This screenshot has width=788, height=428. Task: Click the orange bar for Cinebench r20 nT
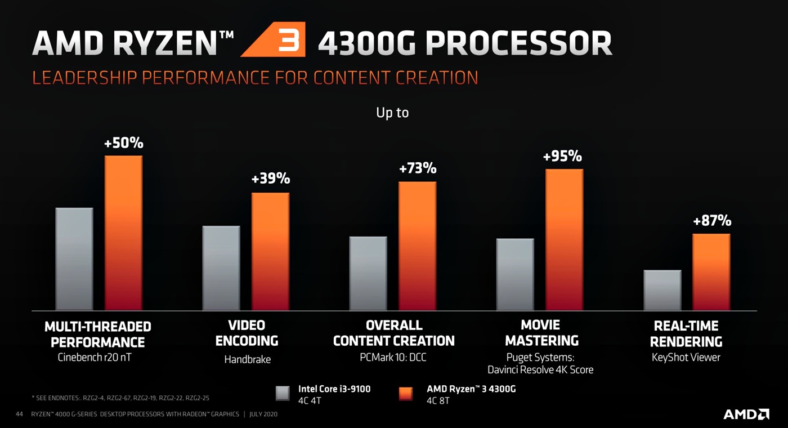123,233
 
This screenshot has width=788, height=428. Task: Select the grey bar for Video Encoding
221,268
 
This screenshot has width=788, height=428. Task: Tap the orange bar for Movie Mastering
564,239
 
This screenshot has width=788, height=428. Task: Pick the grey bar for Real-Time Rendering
662,290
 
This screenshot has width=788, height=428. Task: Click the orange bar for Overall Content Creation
417,246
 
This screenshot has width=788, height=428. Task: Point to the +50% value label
123,143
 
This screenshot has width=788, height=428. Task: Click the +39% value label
270,179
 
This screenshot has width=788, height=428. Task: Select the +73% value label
417,168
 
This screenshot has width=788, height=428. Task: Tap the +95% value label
562,157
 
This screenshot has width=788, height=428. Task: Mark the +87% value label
712,221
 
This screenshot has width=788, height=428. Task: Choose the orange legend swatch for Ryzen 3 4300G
405,393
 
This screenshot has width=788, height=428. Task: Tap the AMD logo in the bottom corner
746,414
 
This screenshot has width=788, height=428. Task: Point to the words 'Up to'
392,113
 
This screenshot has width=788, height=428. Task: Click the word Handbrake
247,359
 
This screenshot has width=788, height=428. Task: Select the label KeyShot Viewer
686,358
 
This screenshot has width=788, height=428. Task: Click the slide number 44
19,414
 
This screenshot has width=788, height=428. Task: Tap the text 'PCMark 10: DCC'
393,358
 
